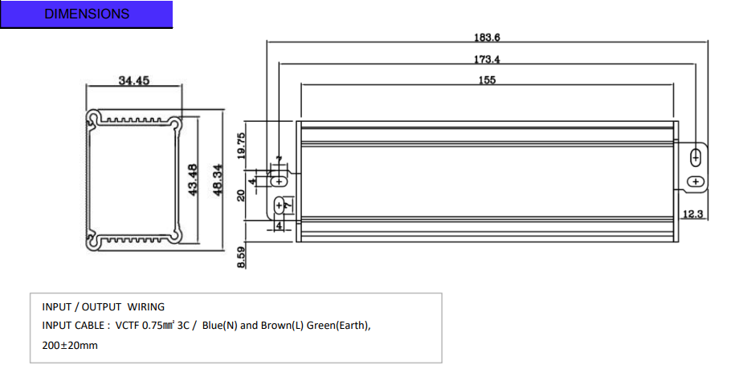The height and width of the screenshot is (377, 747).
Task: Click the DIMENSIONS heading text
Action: tap(87, 14)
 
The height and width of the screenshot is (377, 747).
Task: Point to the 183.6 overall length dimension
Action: tap(487, 37)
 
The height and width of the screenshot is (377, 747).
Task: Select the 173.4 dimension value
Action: tap(487, 59)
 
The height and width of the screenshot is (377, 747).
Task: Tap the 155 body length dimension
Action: tap(487, 80)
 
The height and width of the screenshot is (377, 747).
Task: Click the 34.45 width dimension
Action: tap(134, 80)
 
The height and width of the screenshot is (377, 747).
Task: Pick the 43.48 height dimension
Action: tap(193, 180)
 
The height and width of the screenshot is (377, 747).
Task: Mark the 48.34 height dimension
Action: tap(217, 180)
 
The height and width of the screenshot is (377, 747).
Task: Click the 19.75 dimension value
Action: tap(241, 146)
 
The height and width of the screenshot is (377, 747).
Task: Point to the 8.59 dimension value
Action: tap(241, 257)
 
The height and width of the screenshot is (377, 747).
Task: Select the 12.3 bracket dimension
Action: tap(692, 213)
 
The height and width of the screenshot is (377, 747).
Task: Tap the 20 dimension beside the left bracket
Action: tap(241, 195)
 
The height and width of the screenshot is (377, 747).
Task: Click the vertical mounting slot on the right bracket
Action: tap(696, 157)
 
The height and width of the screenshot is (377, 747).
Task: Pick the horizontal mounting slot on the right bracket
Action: tap(696, 181)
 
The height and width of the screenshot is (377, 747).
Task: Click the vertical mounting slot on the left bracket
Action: tap(280, 205)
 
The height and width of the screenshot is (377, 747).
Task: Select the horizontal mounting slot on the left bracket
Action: tap(280, 181)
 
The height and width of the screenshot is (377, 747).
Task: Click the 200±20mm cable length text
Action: tap(70, 346)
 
